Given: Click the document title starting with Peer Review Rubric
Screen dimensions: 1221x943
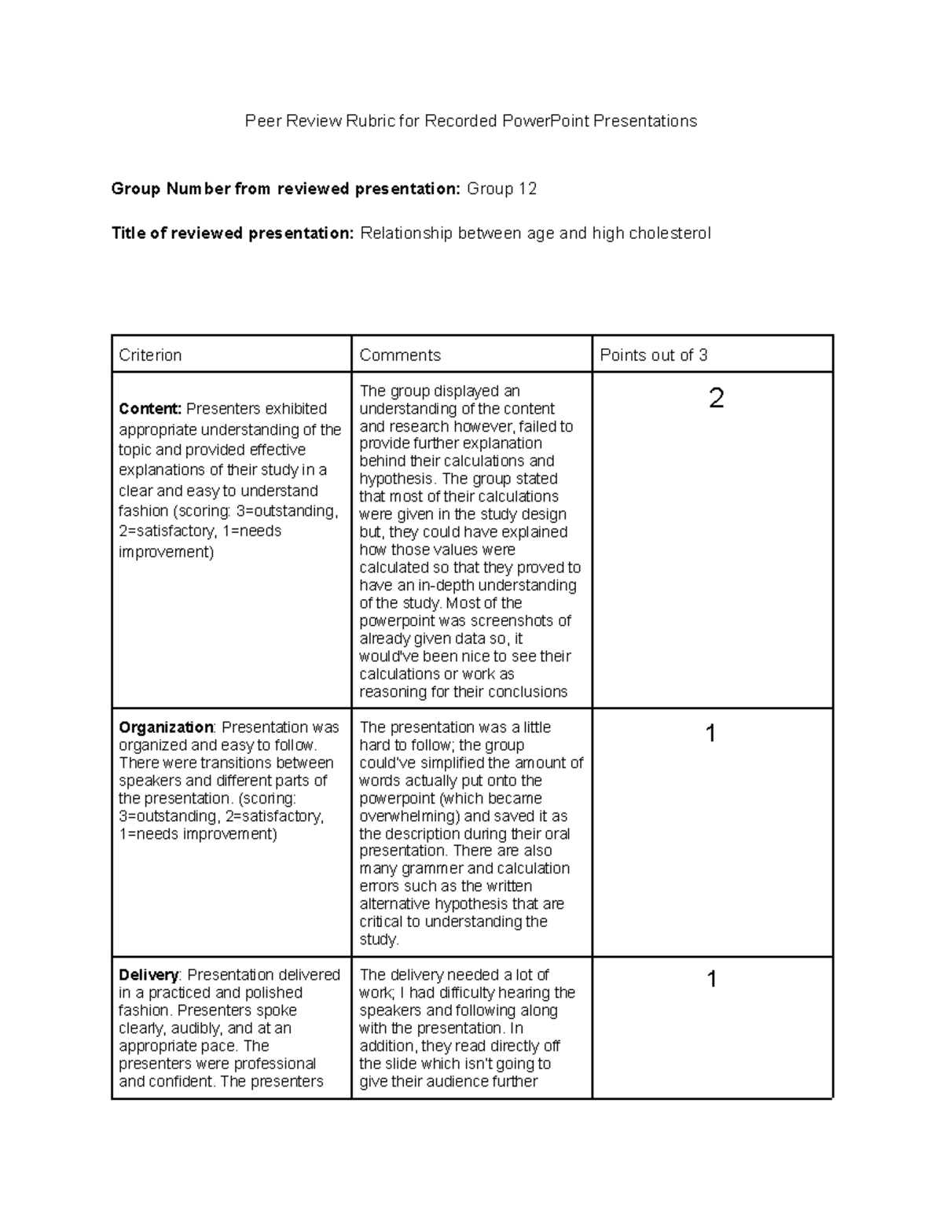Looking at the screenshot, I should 471,121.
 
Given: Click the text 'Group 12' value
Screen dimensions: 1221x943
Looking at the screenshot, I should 501,189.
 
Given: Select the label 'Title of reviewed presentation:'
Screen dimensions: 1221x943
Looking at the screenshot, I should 233,234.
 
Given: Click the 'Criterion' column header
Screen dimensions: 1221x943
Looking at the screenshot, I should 150,355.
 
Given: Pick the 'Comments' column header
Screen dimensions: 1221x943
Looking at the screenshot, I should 400,355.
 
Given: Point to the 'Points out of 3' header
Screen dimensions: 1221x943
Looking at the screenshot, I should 653,355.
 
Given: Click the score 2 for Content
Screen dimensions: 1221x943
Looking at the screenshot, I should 716,399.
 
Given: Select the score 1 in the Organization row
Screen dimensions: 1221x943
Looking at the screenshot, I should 711,734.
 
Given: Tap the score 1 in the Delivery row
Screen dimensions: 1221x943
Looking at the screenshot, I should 711,980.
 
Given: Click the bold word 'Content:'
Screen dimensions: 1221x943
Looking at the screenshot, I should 150,409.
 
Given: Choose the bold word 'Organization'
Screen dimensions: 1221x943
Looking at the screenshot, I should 166,727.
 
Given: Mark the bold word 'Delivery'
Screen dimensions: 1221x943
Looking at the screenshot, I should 149,975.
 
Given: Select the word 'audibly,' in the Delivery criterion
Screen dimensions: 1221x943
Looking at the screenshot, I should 191,1028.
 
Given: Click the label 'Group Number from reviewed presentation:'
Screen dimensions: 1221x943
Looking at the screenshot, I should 285,189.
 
